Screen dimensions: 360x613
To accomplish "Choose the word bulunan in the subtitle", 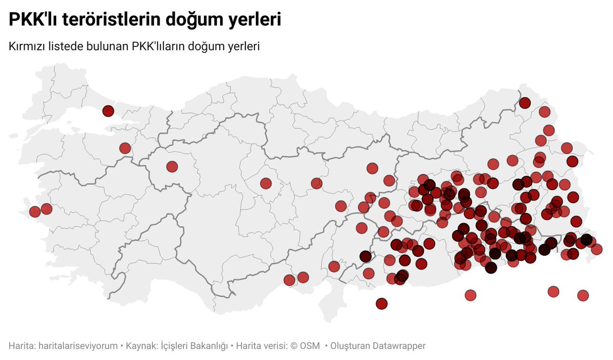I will click(109, 46).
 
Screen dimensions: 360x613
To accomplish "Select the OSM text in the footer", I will click(310, 346).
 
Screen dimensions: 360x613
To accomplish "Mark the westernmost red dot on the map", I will click(35, 211).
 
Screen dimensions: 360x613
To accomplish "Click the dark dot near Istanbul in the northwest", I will click(108, 111).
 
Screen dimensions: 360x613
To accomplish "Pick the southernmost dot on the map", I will click(381, 304).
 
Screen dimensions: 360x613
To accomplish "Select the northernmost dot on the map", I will click(525, 103).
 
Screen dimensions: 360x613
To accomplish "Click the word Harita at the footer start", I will click(20, 346).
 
